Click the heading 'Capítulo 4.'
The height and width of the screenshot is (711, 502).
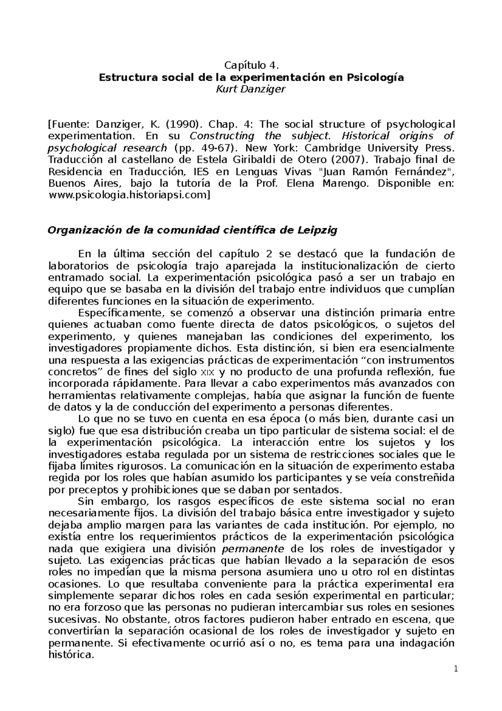251,65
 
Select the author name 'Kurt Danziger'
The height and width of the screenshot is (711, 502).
251,89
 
